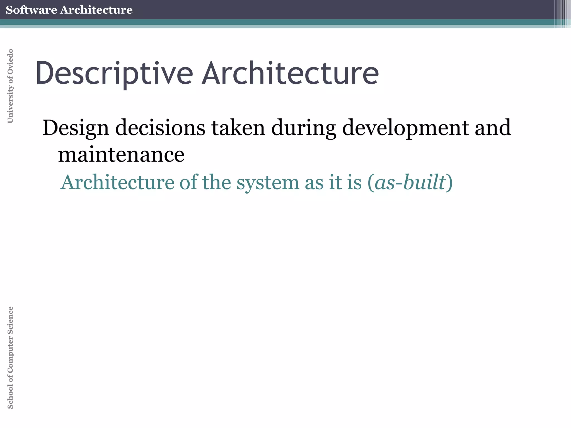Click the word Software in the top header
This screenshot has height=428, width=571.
tap(31, 10)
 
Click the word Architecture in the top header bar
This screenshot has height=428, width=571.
tap(96, 10)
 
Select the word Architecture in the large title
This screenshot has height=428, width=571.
tap(290, 73)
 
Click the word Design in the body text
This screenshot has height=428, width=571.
tap(76, 128)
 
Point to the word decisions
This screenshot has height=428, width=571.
tap(160, 128)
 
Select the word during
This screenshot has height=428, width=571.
tap(304, 128)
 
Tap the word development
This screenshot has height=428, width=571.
tap(405, 128)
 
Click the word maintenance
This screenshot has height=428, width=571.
tap(121, 154)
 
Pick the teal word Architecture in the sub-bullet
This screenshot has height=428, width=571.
tap(117, 182)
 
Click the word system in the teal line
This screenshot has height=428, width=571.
tap(267, 183)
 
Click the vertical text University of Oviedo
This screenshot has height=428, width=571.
tap(10, 86)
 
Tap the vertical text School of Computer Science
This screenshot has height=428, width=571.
tap(10, 358)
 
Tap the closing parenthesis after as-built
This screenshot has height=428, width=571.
tap(449, 183)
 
